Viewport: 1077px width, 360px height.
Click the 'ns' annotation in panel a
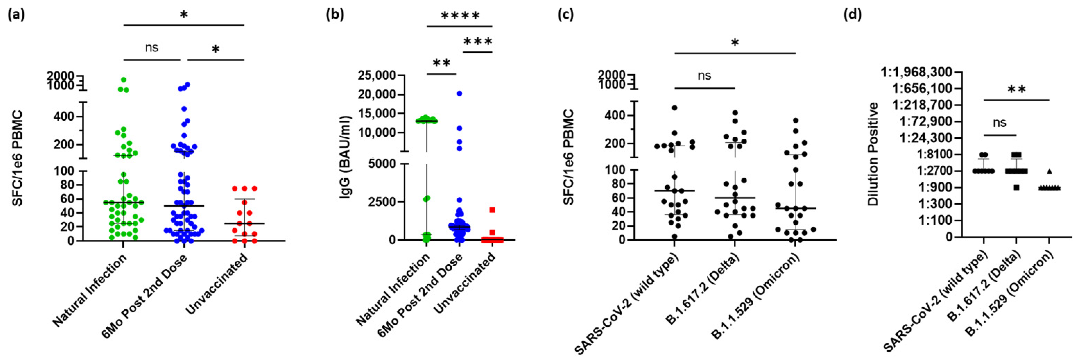[x=151, y=48]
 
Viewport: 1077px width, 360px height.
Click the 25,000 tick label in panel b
[x=378, y=76]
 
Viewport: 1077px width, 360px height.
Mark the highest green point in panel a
[x=124, y=79]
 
